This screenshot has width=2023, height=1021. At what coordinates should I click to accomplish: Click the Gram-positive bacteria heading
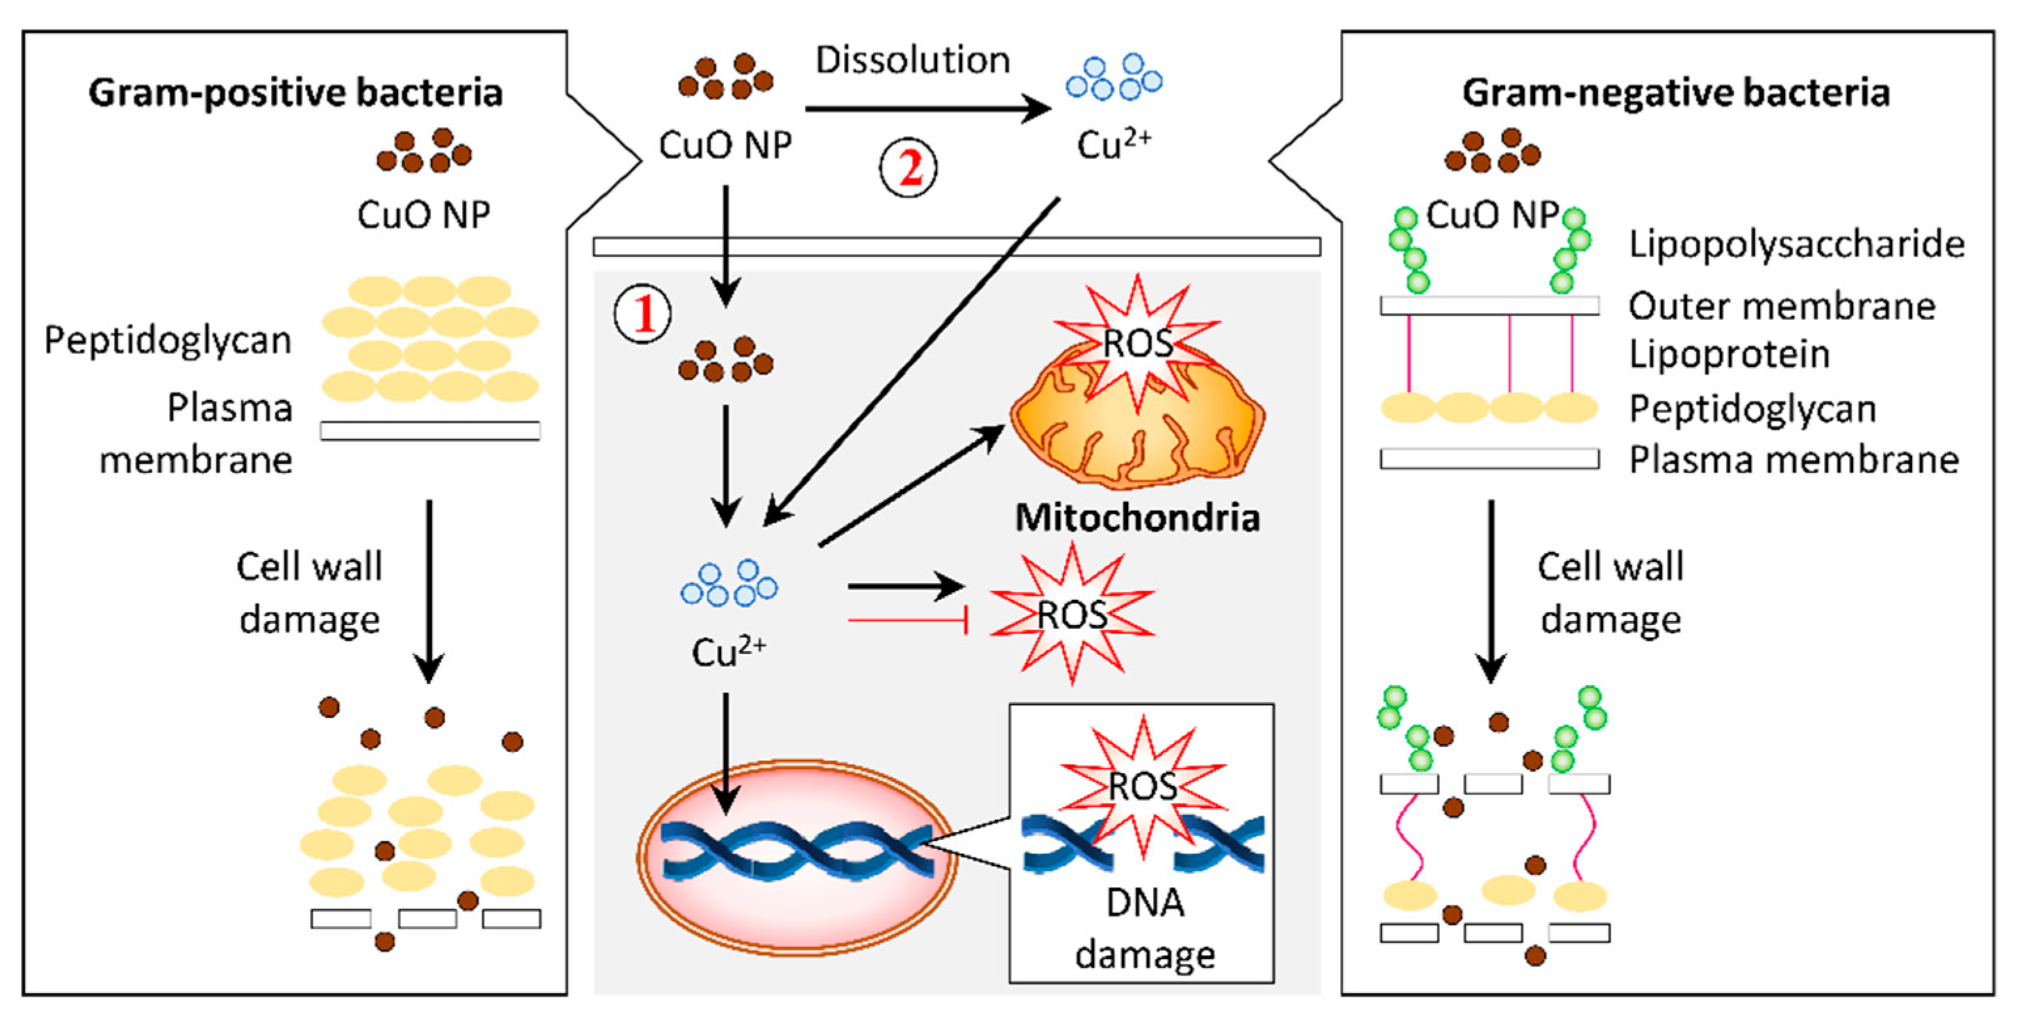(x=295, y=93)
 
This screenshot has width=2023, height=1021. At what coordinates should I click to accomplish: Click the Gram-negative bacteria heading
(x=1675, y=93)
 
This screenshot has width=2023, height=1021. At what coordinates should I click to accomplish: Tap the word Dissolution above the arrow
(x=912, y=60)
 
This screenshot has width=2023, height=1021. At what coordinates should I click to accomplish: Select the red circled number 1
(x=642, y=313)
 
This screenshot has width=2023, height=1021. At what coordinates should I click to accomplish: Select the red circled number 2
(x=908, y=168)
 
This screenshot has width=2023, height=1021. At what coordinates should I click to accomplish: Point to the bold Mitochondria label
(x=1136, y=518)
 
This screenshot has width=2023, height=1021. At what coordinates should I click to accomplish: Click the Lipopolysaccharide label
(x=1796, y=243)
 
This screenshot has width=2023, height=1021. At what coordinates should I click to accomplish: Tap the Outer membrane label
(x=1781, y=306)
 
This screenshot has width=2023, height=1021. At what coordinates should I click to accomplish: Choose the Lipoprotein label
(x=1729, y=353)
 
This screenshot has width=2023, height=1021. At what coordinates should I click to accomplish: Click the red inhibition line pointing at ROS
(x=907, y=620)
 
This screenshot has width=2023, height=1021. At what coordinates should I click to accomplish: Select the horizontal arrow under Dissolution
(x=926, y=109)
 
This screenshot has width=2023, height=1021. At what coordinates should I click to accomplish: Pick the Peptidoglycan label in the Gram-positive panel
(x=167, y=340)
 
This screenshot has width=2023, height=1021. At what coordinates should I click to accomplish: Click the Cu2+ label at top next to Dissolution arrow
(x=1113, y=145)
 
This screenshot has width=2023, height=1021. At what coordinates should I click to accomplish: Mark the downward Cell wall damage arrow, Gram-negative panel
(x=1490, y=589)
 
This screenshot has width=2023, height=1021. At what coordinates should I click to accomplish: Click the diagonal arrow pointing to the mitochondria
(x=911, y=484)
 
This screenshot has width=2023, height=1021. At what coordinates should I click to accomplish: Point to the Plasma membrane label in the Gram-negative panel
(x=1793, y=459)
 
